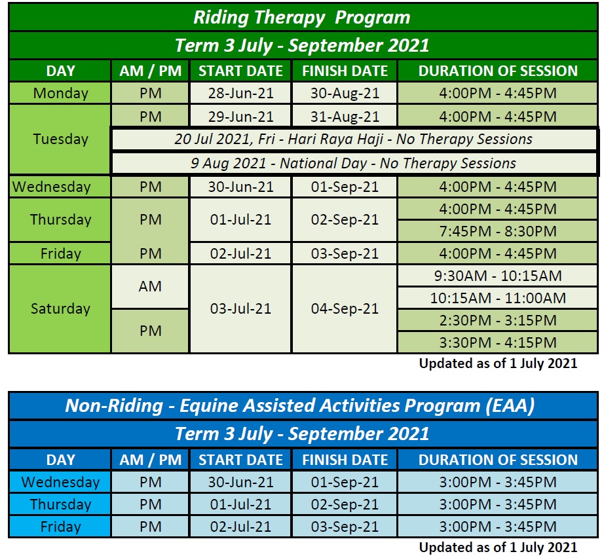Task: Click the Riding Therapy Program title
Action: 303,18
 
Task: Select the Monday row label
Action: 60,93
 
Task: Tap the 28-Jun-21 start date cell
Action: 241,93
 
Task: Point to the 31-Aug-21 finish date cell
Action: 345,117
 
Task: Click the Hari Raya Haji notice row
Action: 354,139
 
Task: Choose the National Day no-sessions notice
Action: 354,163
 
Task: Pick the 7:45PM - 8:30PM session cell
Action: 498,231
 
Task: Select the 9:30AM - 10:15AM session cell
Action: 498,276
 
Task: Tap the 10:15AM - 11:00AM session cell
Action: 498,298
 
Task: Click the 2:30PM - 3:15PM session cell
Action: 498,320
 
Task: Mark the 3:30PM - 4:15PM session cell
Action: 498,343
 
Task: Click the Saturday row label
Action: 60,308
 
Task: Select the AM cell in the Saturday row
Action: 150,286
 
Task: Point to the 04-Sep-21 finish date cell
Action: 345,308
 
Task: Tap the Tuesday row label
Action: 60,139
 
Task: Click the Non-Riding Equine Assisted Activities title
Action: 300,406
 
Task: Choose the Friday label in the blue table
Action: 60,527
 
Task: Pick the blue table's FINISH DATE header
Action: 345,460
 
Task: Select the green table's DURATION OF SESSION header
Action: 498,71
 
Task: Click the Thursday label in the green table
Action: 60,219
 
